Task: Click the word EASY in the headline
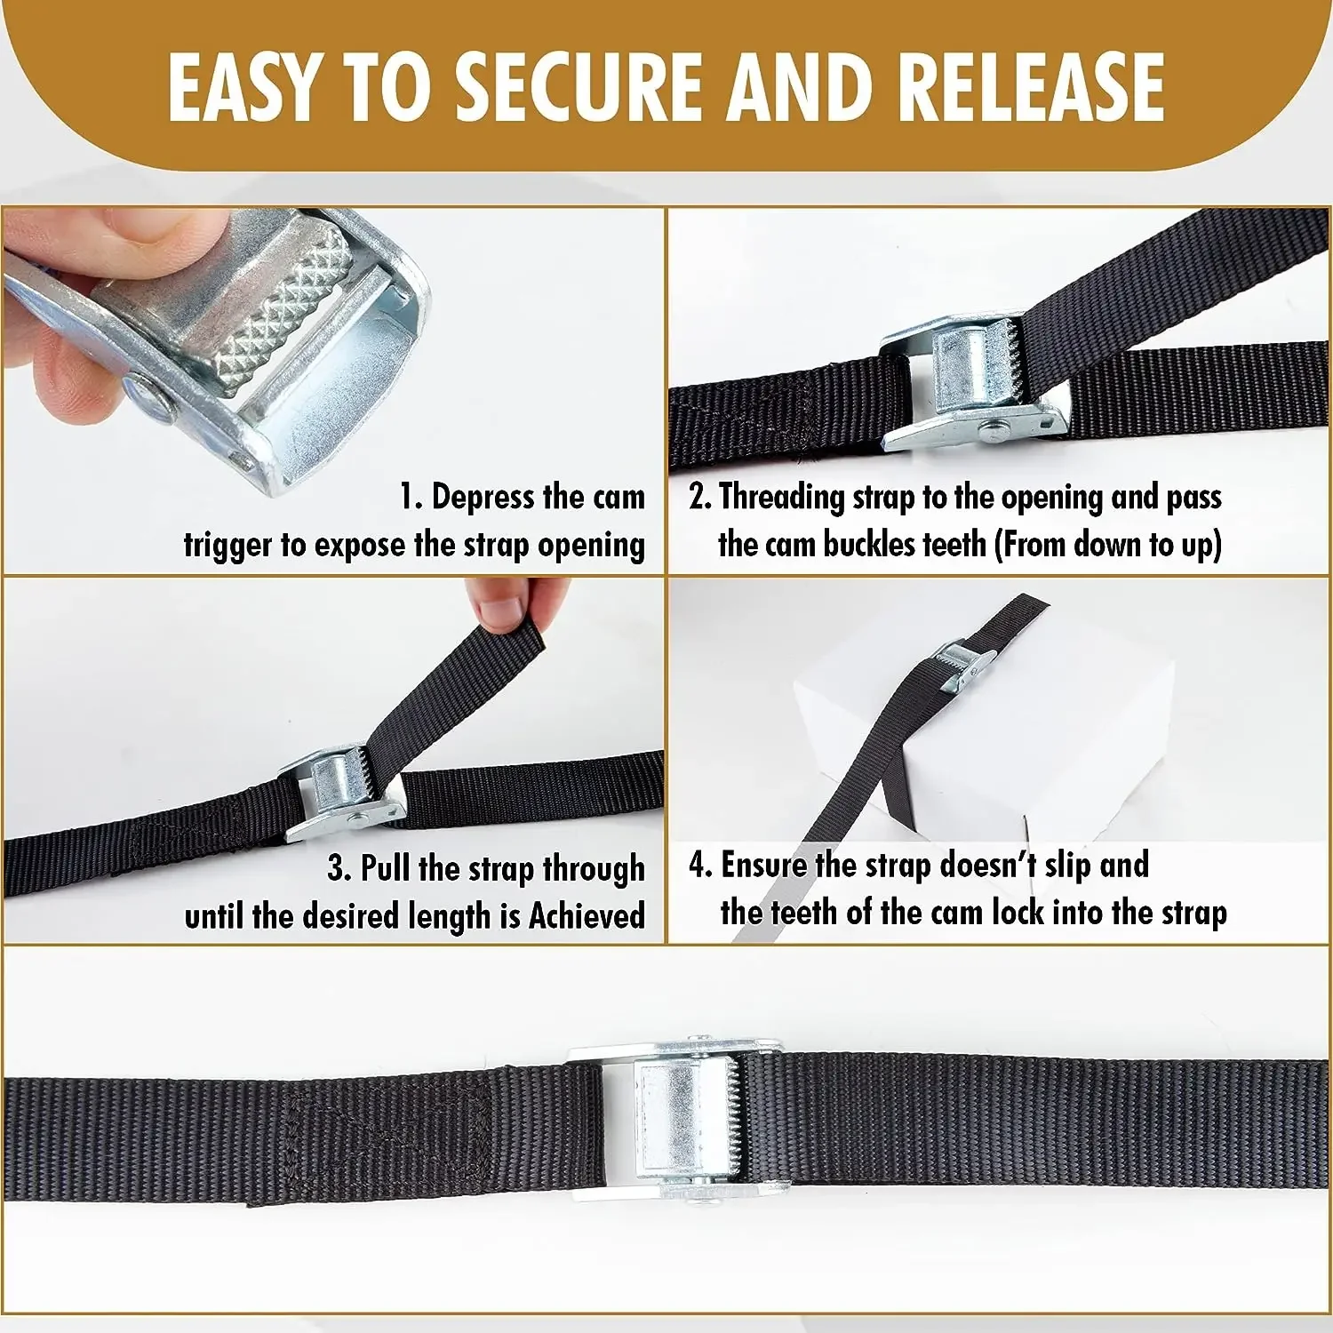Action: pyautogui.click(x=241, y=86)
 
